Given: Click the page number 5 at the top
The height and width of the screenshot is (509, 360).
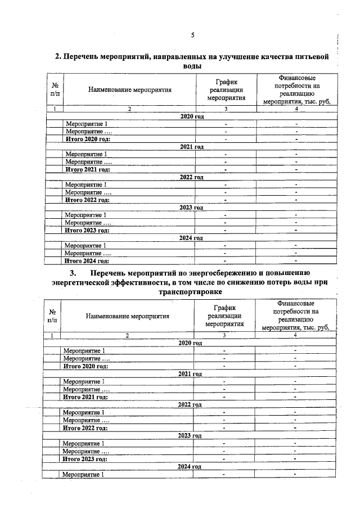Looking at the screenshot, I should coord(192,35).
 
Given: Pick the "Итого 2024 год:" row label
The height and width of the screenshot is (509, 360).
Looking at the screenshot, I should coord(87,261).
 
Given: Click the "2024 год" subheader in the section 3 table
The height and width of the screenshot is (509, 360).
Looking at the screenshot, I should coord(190,467).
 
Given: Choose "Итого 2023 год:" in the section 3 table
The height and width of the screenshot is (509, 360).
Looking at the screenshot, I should coord(85,459).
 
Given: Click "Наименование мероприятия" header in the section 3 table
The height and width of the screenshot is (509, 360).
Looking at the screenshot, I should coord(128,316).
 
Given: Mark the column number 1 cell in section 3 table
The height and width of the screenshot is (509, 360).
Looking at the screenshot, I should coord(52,335).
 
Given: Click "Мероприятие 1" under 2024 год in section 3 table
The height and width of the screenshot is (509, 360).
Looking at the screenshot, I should coord(84,475).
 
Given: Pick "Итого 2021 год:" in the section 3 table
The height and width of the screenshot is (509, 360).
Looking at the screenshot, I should coord(85,397).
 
